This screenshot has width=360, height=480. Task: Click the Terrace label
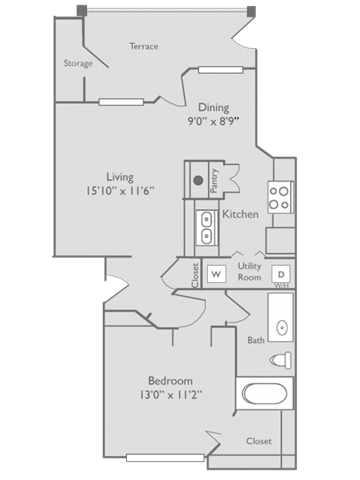pyautogui.click(x=144, y=46)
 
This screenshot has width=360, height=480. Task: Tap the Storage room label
pyautogui.click(x=78, y=63)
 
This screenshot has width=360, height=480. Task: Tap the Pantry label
pyautogui.click(x=215, y=180)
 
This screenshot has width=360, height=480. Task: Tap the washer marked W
pyautogui.click(x=216, y=273)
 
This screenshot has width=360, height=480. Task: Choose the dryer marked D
pyautogui.click(x=281, y=273)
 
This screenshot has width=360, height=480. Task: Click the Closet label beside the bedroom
pyautogui.click(x=259, y=440)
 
